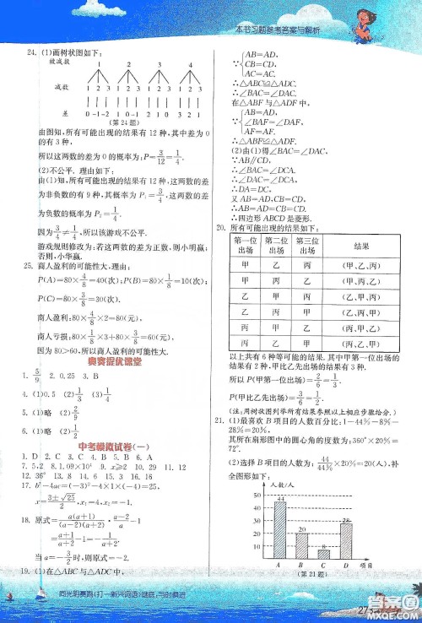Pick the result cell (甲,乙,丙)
pyautogui.click(x=359, y=265)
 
